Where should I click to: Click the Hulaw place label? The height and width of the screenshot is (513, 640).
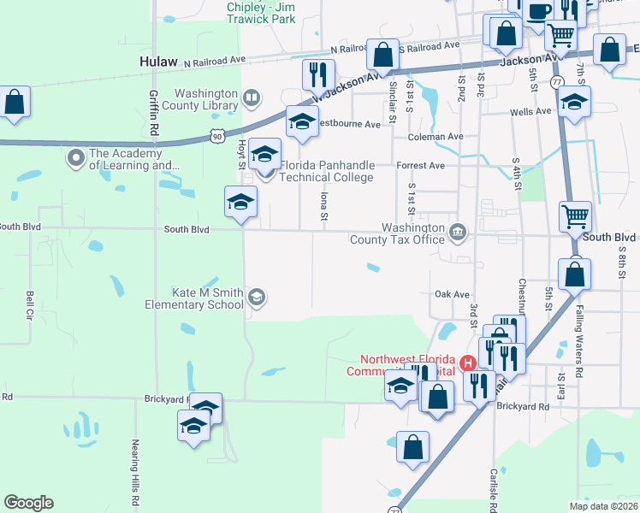point(157,62)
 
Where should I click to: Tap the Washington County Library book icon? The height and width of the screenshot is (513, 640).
point(251,98)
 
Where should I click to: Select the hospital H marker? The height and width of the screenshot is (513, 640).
point(468,363)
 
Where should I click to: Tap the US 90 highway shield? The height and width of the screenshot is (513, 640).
point(218,135)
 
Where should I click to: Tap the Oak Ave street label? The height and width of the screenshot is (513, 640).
point(451,293)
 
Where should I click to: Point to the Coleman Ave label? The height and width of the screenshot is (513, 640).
point(436,137)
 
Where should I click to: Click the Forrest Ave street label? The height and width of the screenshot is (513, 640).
point(420,166)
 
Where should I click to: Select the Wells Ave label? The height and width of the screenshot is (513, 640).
point(530,112)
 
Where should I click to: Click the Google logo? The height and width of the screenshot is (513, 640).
point(28,503)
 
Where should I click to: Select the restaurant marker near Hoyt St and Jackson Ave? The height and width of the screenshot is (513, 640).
point(314,75)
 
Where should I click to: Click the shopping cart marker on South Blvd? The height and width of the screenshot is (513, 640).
point(576,215)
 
